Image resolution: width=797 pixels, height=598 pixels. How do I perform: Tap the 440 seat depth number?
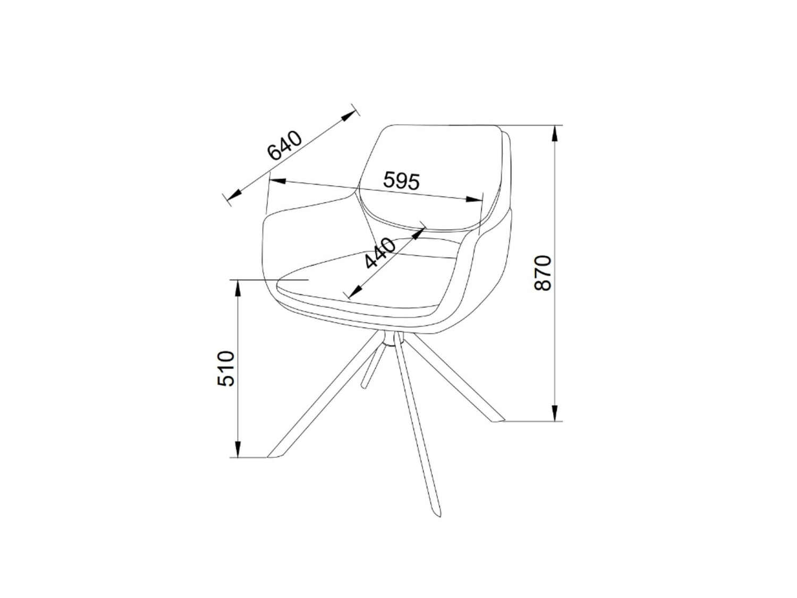click(380, 253)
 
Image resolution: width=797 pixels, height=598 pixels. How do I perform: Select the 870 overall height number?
click(543, 273)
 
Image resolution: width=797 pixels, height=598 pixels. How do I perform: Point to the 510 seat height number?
click(226, 368)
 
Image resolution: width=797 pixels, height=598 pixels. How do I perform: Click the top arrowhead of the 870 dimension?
click(555, 134)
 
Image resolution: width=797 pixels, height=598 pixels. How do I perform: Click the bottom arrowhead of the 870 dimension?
click(555, 413)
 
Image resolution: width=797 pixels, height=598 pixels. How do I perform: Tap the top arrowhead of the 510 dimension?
click(238, 288)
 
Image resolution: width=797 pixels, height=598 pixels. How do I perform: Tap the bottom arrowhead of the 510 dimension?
click(238, 449)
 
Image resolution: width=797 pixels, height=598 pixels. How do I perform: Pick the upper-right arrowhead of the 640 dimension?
click(349, 116)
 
